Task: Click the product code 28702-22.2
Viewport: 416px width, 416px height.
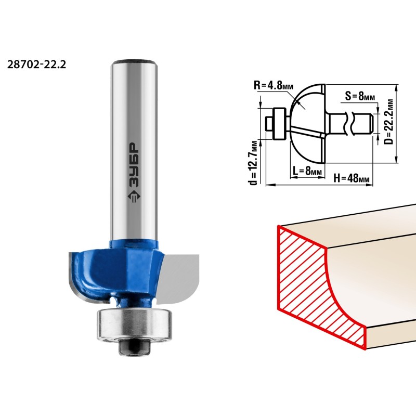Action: [x=36, y=64]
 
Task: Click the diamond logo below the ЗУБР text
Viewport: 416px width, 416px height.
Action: [x=134, y=197]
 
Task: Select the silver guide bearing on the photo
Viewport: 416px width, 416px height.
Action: [x=134, y=325]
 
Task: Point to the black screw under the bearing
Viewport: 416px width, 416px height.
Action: [x=135, y=347]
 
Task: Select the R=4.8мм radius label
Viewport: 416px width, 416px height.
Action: [x=274, y=85]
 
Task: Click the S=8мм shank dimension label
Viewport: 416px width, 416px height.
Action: [x=360, y=96]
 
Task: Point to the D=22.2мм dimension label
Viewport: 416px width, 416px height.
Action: [x=388, y=122]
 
